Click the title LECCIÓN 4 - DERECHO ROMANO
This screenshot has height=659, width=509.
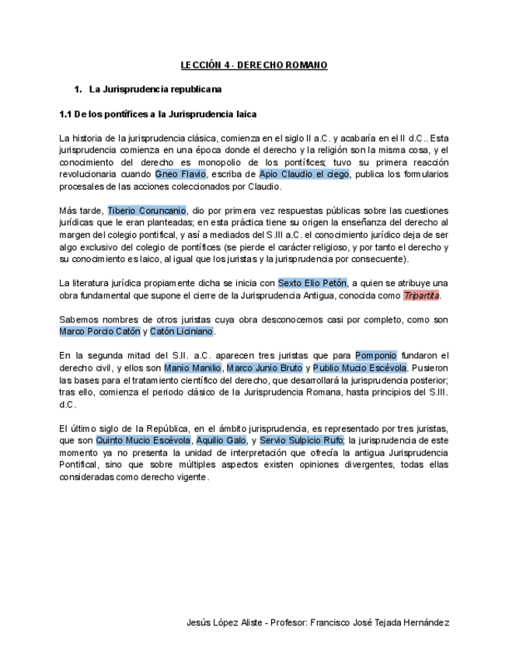tap(253, 65)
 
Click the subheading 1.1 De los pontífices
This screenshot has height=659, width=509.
tap(158, 114)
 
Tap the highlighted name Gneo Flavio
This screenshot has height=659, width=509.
tap(180, 174)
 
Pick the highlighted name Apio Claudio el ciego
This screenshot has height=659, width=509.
tap(304, 174)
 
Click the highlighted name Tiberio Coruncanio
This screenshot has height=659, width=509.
tap(147, 211)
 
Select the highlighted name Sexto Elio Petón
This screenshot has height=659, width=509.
tap(312, 283)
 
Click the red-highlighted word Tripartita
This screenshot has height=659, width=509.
tap(421, 295)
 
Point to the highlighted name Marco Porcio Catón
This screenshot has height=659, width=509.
tap(99, 331)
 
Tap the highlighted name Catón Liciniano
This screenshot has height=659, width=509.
tap(181, 331)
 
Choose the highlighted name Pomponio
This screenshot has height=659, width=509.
tap(375, 355)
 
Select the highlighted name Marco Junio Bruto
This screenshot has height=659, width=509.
tap(264, 368)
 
